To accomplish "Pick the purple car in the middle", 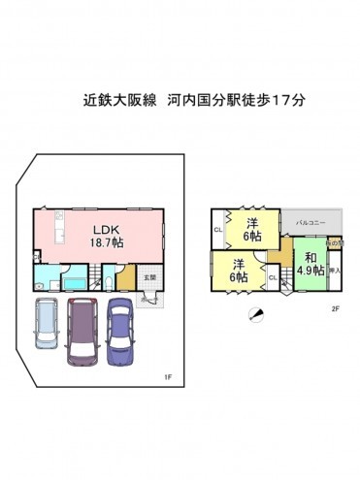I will coord(83,332).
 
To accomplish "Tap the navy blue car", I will coord(119,330).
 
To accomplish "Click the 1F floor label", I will coord(168,377).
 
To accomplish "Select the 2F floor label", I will coord(335,309).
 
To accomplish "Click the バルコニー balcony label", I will coord(310,223).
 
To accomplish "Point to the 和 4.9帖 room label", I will coord(311,264).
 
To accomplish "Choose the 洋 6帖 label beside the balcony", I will coord(252,228).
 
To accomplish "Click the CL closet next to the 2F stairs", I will coord(273,278).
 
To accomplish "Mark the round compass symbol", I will coord(255,312).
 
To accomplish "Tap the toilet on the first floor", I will coord(110,282).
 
